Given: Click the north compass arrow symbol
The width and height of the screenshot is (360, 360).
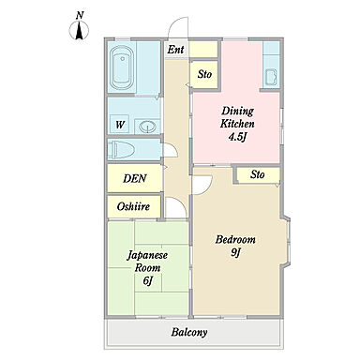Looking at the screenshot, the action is click(80, 30).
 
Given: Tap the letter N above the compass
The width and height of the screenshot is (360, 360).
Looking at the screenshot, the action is click(80, 15).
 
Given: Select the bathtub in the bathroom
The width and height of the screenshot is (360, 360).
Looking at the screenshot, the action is click(122, 67).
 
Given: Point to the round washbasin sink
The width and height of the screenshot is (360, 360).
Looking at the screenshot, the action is click(147, 127).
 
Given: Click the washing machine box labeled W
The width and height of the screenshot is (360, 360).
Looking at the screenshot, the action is click(120, 125).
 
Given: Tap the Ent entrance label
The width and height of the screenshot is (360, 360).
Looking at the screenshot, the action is click(175, 50).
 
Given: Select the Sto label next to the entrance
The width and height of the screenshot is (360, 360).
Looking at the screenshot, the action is click(204, 74).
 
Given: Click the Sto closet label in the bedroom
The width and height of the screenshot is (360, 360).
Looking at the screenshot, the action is click(258, 174).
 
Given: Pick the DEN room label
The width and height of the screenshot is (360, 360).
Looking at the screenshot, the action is click(135, 178).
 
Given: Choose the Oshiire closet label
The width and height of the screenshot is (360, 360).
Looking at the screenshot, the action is click(133, 206).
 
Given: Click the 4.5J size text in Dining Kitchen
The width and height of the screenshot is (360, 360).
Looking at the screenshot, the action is click(236, 137).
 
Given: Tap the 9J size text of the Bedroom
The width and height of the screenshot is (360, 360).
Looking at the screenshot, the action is click(235, 252).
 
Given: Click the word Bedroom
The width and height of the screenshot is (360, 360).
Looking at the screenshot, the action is click(235, 240).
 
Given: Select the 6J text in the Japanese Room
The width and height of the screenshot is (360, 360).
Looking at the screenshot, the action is click(147, 280).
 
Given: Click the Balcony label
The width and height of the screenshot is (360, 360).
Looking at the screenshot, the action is click(189, 332).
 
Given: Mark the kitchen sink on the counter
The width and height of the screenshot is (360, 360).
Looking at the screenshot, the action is click(271, 78).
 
